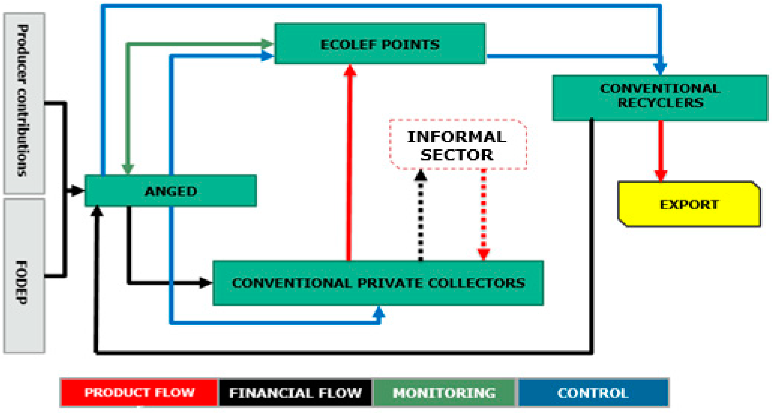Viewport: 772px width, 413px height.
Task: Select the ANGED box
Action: click(170, 191)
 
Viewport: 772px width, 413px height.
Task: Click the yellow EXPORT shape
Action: click(689, 204)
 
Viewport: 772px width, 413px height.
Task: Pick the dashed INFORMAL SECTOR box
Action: click(458, 145)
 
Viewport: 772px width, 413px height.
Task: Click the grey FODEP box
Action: click(24, 276)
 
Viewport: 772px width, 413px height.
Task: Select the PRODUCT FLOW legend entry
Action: click(139, 392)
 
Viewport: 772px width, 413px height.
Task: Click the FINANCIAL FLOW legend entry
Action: click(295, 393)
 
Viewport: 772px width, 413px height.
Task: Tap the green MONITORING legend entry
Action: click(444, 393)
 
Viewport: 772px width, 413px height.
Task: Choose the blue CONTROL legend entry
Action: click(593, 393)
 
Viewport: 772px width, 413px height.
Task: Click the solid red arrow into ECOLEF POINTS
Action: click(349, 162)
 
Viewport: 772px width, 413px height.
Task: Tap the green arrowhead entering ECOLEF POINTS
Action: click(267, 44)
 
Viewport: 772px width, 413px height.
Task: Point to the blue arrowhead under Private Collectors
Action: click(379, 312)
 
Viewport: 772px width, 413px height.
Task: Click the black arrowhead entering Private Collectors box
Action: click(206, 282)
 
